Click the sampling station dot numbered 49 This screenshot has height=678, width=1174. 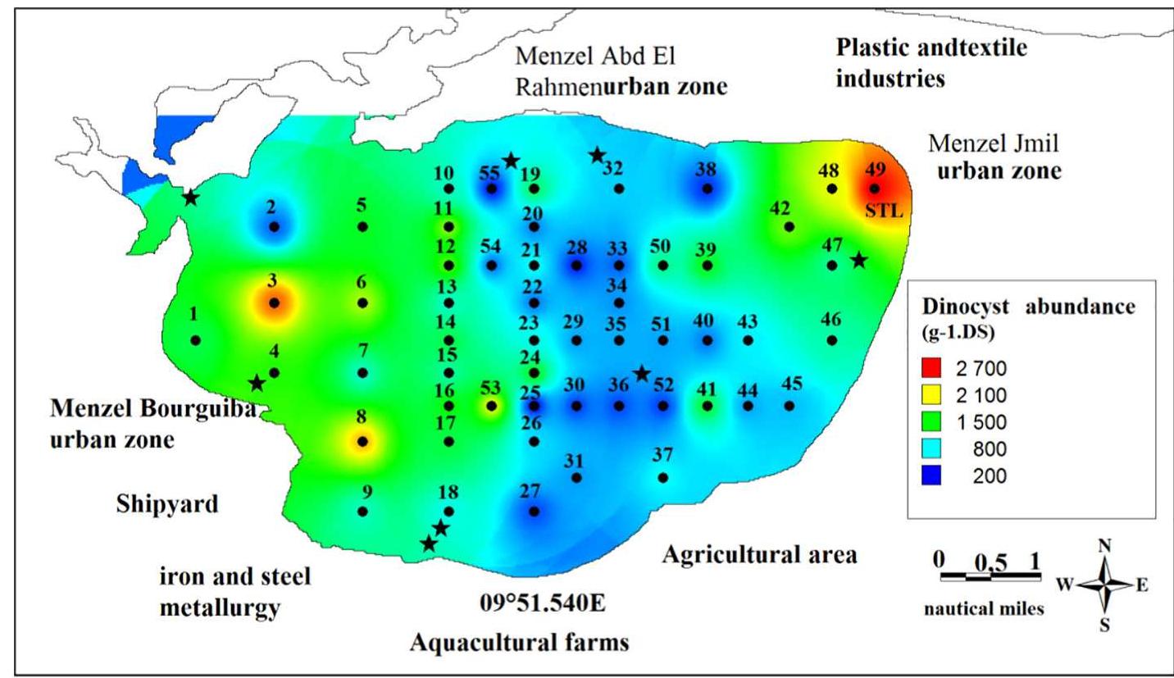pyautogui.click(x=876, y=189)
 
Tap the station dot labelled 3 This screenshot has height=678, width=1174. pyautogui.click(x=275, y=303)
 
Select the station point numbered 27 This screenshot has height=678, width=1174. pyautogui.click(x=534, y=512)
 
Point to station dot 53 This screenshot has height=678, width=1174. pyautogui.click(x=491, y=406)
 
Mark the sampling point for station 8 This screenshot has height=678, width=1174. pyautogui.click(x=362, y=442)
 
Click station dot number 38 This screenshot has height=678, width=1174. pyautogui.click(x=707, y=189)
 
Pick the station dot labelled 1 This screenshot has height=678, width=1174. pyautogui.click(x=195, y=340)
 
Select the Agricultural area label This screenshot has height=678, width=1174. pyautogui.click(x=759, y=555)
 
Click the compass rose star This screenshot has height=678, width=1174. pyautogui.click(x=1105, y=585)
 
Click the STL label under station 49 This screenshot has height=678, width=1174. pyautogui.click(x=885, y=212)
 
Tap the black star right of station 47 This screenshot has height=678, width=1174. pyautogui.click(x=858, y=261)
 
